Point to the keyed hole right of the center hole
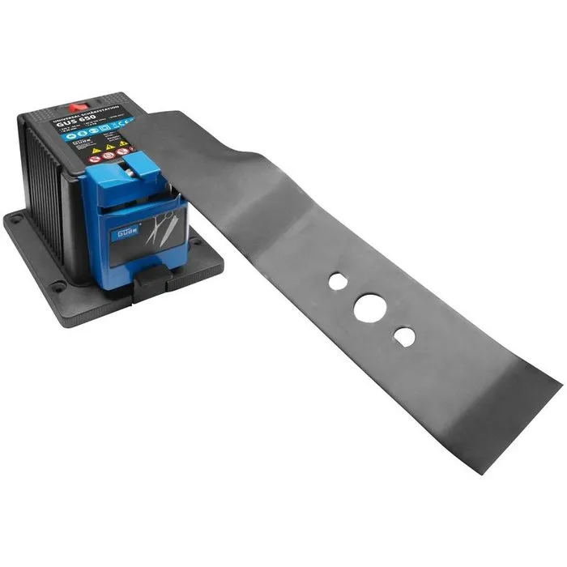[x=404, y=335]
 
